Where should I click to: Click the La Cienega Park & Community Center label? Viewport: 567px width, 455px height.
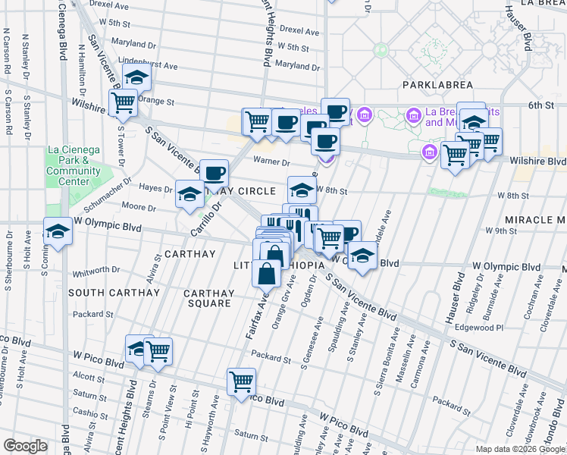(73, 160)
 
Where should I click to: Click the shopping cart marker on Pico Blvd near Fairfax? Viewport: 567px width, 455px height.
(241, 381)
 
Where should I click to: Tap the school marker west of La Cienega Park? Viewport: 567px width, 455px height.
(57, 231)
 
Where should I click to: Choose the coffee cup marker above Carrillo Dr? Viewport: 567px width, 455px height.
(215, 173)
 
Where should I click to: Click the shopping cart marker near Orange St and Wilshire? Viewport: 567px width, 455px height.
(123, 102)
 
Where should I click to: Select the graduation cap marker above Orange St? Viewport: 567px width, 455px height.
(137, 77)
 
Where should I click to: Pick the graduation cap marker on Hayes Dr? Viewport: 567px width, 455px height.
(189, 193)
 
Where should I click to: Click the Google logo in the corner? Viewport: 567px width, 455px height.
(25, 445)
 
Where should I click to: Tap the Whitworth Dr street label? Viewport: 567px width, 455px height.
(96, 271)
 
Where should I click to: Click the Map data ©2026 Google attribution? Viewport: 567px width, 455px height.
(519, 449)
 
